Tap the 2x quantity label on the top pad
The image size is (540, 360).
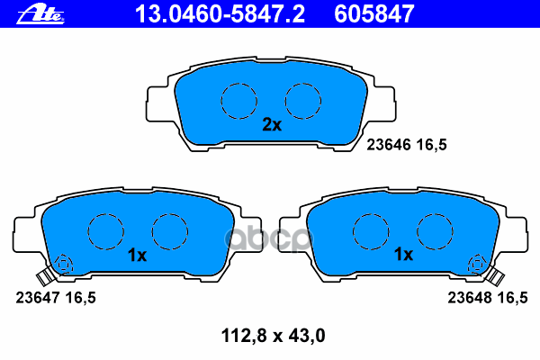click(272, 125)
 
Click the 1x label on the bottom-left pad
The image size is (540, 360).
click(137, 255)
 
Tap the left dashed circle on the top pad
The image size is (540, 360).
click(239, 99)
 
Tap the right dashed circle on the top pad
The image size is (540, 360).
click(303, 99)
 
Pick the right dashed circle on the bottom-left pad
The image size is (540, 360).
click(168, 231)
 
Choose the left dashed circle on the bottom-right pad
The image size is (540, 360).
click(370, 231)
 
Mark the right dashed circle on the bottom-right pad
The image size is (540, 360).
click(434, 231)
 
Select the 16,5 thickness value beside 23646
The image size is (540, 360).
click(431, 142)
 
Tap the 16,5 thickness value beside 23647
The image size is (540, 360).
click(79, 295)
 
